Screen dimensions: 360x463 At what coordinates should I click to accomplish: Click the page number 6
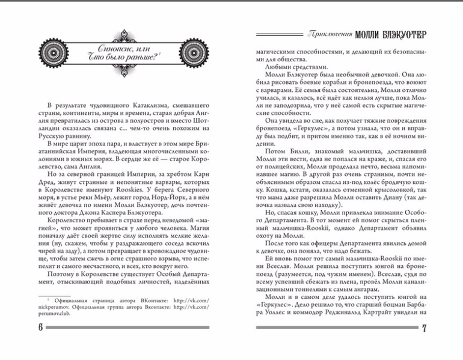point(40,327)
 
